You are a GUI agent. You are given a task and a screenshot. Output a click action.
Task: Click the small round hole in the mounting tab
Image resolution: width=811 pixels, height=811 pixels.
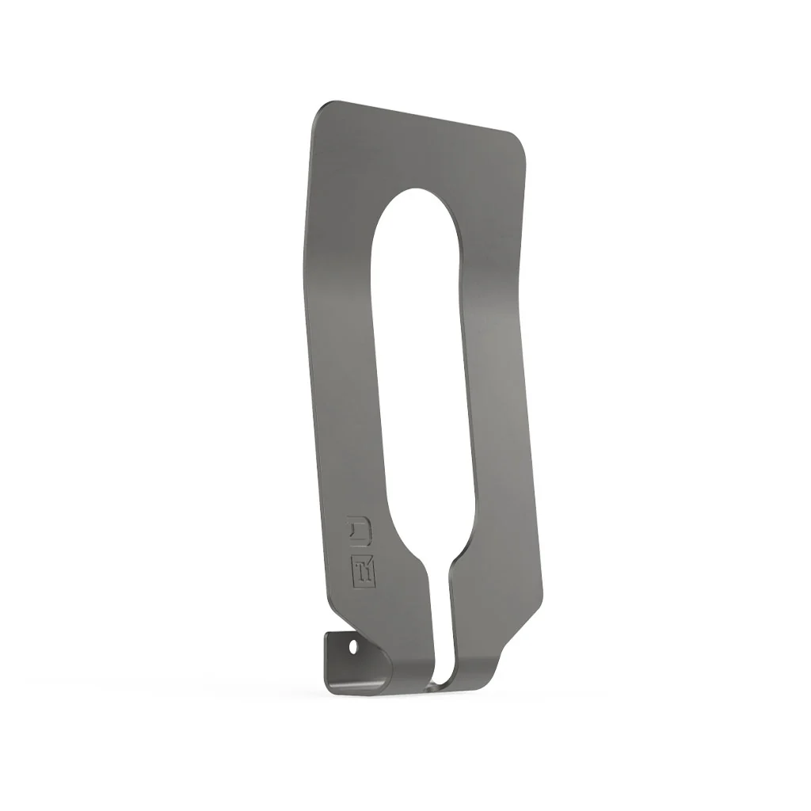(x=353, y=647)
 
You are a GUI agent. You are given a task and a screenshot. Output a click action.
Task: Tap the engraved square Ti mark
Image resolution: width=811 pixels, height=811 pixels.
(x=364, y=572)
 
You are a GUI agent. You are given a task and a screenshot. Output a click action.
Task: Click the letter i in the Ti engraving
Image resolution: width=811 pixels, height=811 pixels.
(x=370, y=573)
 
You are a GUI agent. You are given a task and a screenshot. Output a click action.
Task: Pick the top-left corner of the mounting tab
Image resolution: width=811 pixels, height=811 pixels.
(x=326, y=634)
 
